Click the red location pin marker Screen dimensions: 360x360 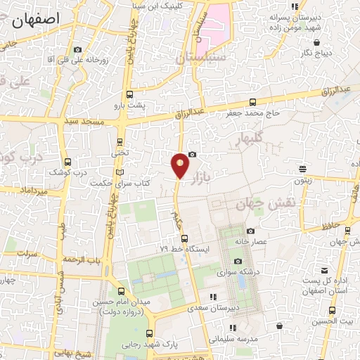180,165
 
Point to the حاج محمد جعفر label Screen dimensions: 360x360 254,112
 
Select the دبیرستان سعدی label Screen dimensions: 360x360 215,308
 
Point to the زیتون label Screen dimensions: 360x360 303,179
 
